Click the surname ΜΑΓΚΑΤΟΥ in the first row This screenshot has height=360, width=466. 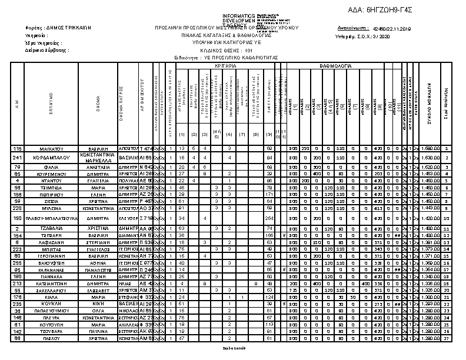[x=51, y=149]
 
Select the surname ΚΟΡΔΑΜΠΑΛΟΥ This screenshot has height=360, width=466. [x=51, y=158]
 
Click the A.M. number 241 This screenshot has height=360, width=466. [x=18, y=158]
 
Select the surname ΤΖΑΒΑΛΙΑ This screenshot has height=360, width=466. [x=51, y=228]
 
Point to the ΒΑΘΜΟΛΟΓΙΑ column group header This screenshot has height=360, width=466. [x=335, y=67]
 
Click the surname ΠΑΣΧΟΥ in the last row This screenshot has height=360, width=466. [x=51, y=339]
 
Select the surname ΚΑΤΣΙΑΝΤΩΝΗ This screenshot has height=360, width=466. [x=51, y=283]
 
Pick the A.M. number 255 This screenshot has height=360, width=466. [x=18, y=263]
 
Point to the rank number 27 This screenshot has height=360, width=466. [x=447, y=339]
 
